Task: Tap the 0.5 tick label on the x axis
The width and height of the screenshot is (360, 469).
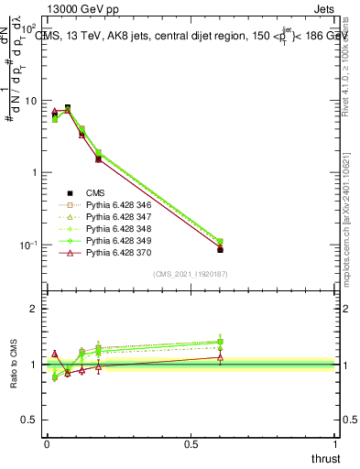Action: click(191, 442)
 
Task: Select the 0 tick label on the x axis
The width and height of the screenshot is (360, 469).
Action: click(46, 442)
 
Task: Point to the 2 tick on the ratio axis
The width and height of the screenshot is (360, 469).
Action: click(37, 309)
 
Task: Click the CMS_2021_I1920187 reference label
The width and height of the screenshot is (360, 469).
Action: click(191, 274)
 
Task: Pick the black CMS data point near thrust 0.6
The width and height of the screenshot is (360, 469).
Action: click(220, 249)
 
